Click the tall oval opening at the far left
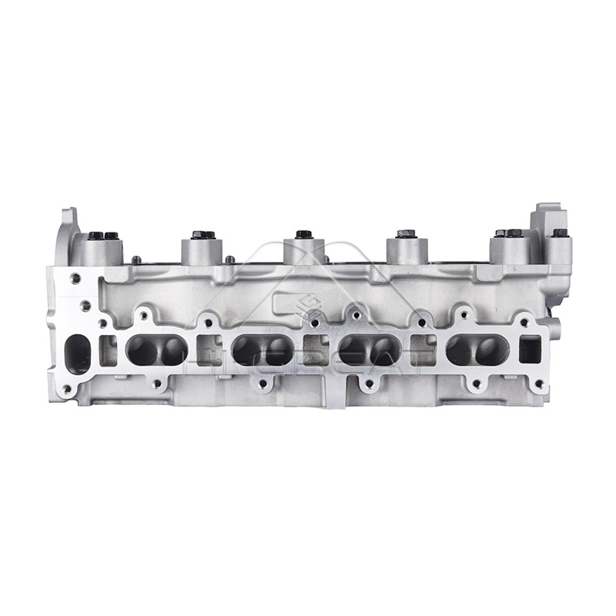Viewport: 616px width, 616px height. click(77, 354)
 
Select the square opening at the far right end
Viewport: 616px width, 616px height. click(530, 350)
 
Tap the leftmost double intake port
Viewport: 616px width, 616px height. click(156, 351)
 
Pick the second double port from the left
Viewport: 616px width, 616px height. click(263, 351)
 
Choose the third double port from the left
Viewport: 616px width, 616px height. click(369, 350)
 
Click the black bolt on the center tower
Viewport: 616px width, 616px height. click(303, 233)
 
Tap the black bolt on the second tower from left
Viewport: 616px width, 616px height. click(203, 234)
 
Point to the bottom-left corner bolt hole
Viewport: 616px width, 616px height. click(66, 390)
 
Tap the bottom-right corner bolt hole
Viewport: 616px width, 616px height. click(539, 383)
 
